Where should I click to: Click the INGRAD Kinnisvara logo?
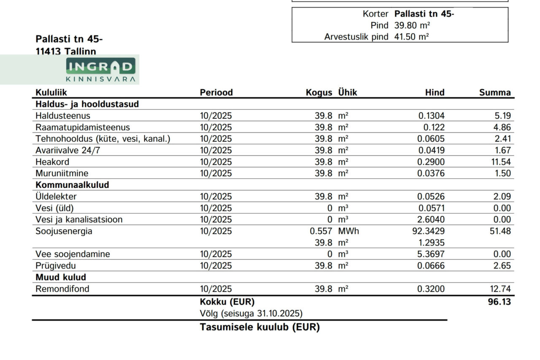point(101,70)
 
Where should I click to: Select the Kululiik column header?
point(51,92)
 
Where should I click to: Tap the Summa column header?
point(495,92)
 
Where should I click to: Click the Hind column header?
point(435,92)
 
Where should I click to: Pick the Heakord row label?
point(52,162)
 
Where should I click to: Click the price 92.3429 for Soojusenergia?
point(428,231)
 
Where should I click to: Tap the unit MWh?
point(348,231)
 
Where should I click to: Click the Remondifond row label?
point(62,289)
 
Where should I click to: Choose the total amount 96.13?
point(499,302)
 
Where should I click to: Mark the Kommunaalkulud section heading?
point(72,185)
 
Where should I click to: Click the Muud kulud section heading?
point(61,277)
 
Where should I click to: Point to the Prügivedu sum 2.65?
point(503,265)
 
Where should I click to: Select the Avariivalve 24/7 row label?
point(68,150)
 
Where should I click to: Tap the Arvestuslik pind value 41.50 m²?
point(411,37)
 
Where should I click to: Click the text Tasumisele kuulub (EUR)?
point(259,327)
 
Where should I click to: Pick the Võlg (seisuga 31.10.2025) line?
point(251,314)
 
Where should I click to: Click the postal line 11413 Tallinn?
point(66,51)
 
